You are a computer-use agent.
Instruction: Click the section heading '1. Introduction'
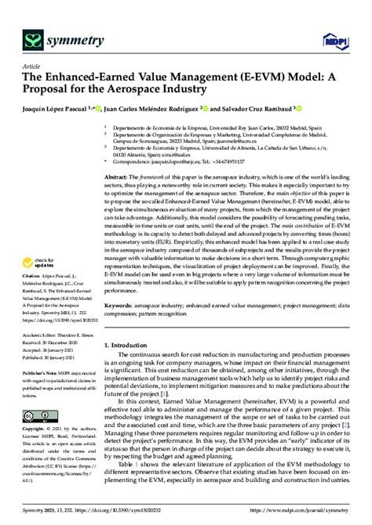129,344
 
